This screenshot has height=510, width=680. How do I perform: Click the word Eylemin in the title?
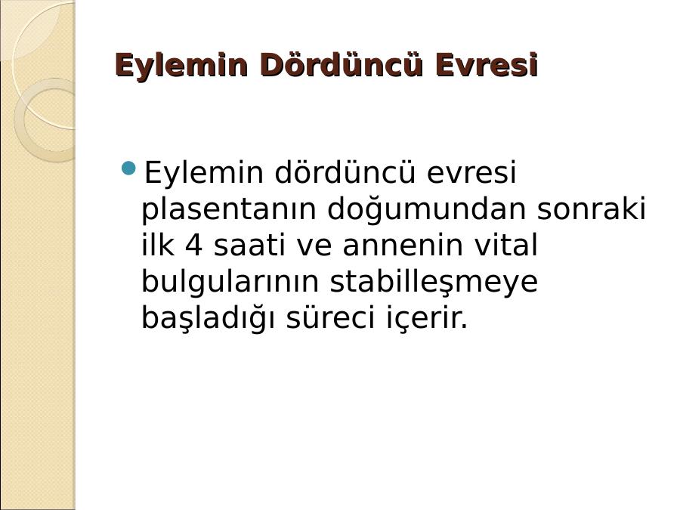(181, 66)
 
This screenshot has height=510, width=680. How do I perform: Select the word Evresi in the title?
(487, 65)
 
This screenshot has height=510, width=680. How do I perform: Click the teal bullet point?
(128, 168)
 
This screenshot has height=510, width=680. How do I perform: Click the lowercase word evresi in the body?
(471, 172)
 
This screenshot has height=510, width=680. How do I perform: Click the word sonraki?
(592, 209)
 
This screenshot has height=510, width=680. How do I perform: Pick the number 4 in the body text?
(194, 246)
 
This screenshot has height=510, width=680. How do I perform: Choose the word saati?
(249, 246)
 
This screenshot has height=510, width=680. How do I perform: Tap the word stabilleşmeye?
(434, 283)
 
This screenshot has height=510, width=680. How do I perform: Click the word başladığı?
(208, 319)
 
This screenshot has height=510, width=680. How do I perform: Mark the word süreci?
(330, 319)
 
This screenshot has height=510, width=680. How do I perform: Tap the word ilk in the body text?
(158, 246)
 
